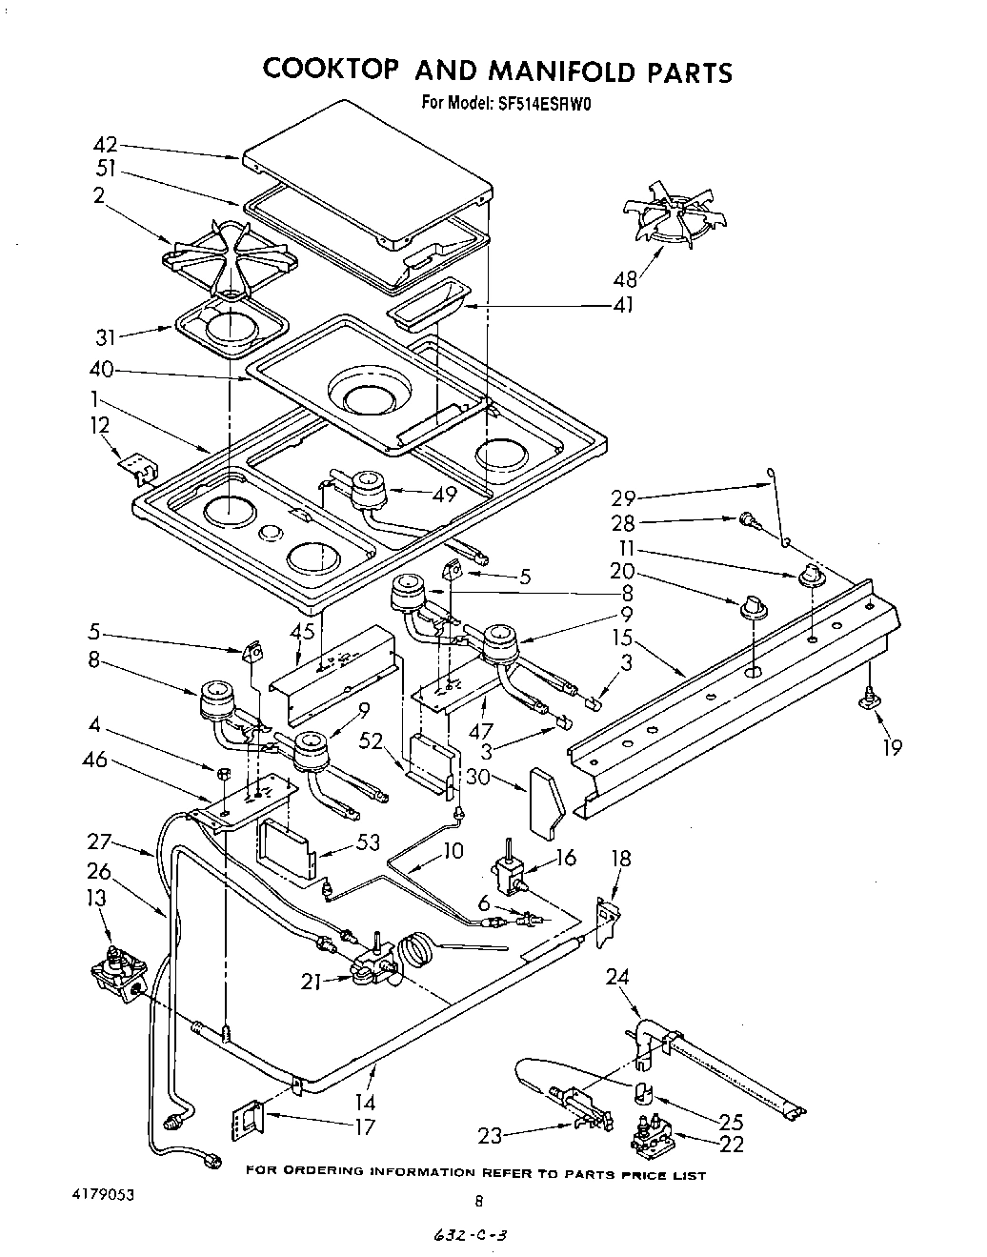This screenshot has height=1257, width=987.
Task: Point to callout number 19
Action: (x=891, y=746)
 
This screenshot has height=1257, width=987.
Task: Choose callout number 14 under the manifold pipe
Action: (x=366, y=1102)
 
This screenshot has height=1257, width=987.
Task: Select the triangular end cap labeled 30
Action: (x=545, y=803)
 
